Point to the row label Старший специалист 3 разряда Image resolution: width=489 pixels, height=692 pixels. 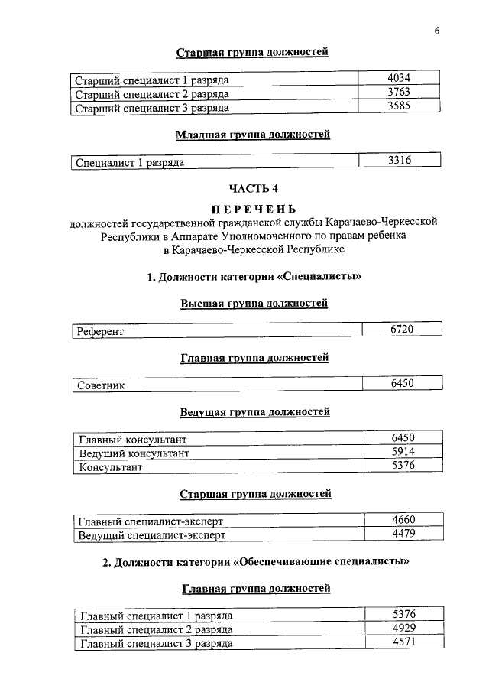point(153,109)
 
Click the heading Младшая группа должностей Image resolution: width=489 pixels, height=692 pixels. point(254,135)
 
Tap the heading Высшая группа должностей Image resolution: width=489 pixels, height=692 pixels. point(254,304)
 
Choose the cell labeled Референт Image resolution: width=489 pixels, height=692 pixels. point(101,332)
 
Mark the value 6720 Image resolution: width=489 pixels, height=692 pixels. point(402,329)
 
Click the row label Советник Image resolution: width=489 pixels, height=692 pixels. point(102,385)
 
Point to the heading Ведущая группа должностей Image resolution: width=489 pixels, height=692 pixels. point(254,412)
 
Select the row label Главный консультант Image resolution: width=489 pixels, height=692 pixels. point(133,440)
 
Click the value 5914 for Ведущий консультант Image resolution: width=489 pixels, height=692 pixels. point(402,452)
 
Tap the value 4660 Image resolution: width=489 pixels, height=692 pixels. point(402,521)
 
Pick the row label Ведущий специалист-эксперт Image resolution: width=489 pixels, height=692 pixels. point(153,535)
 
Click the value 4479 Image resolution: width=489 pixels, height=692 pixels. point(402,534)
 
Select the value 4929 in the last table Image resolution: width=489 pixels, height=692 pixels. point(402,629)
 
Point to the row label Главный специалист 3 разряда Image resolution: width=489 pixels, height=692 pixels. point(156,644)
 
